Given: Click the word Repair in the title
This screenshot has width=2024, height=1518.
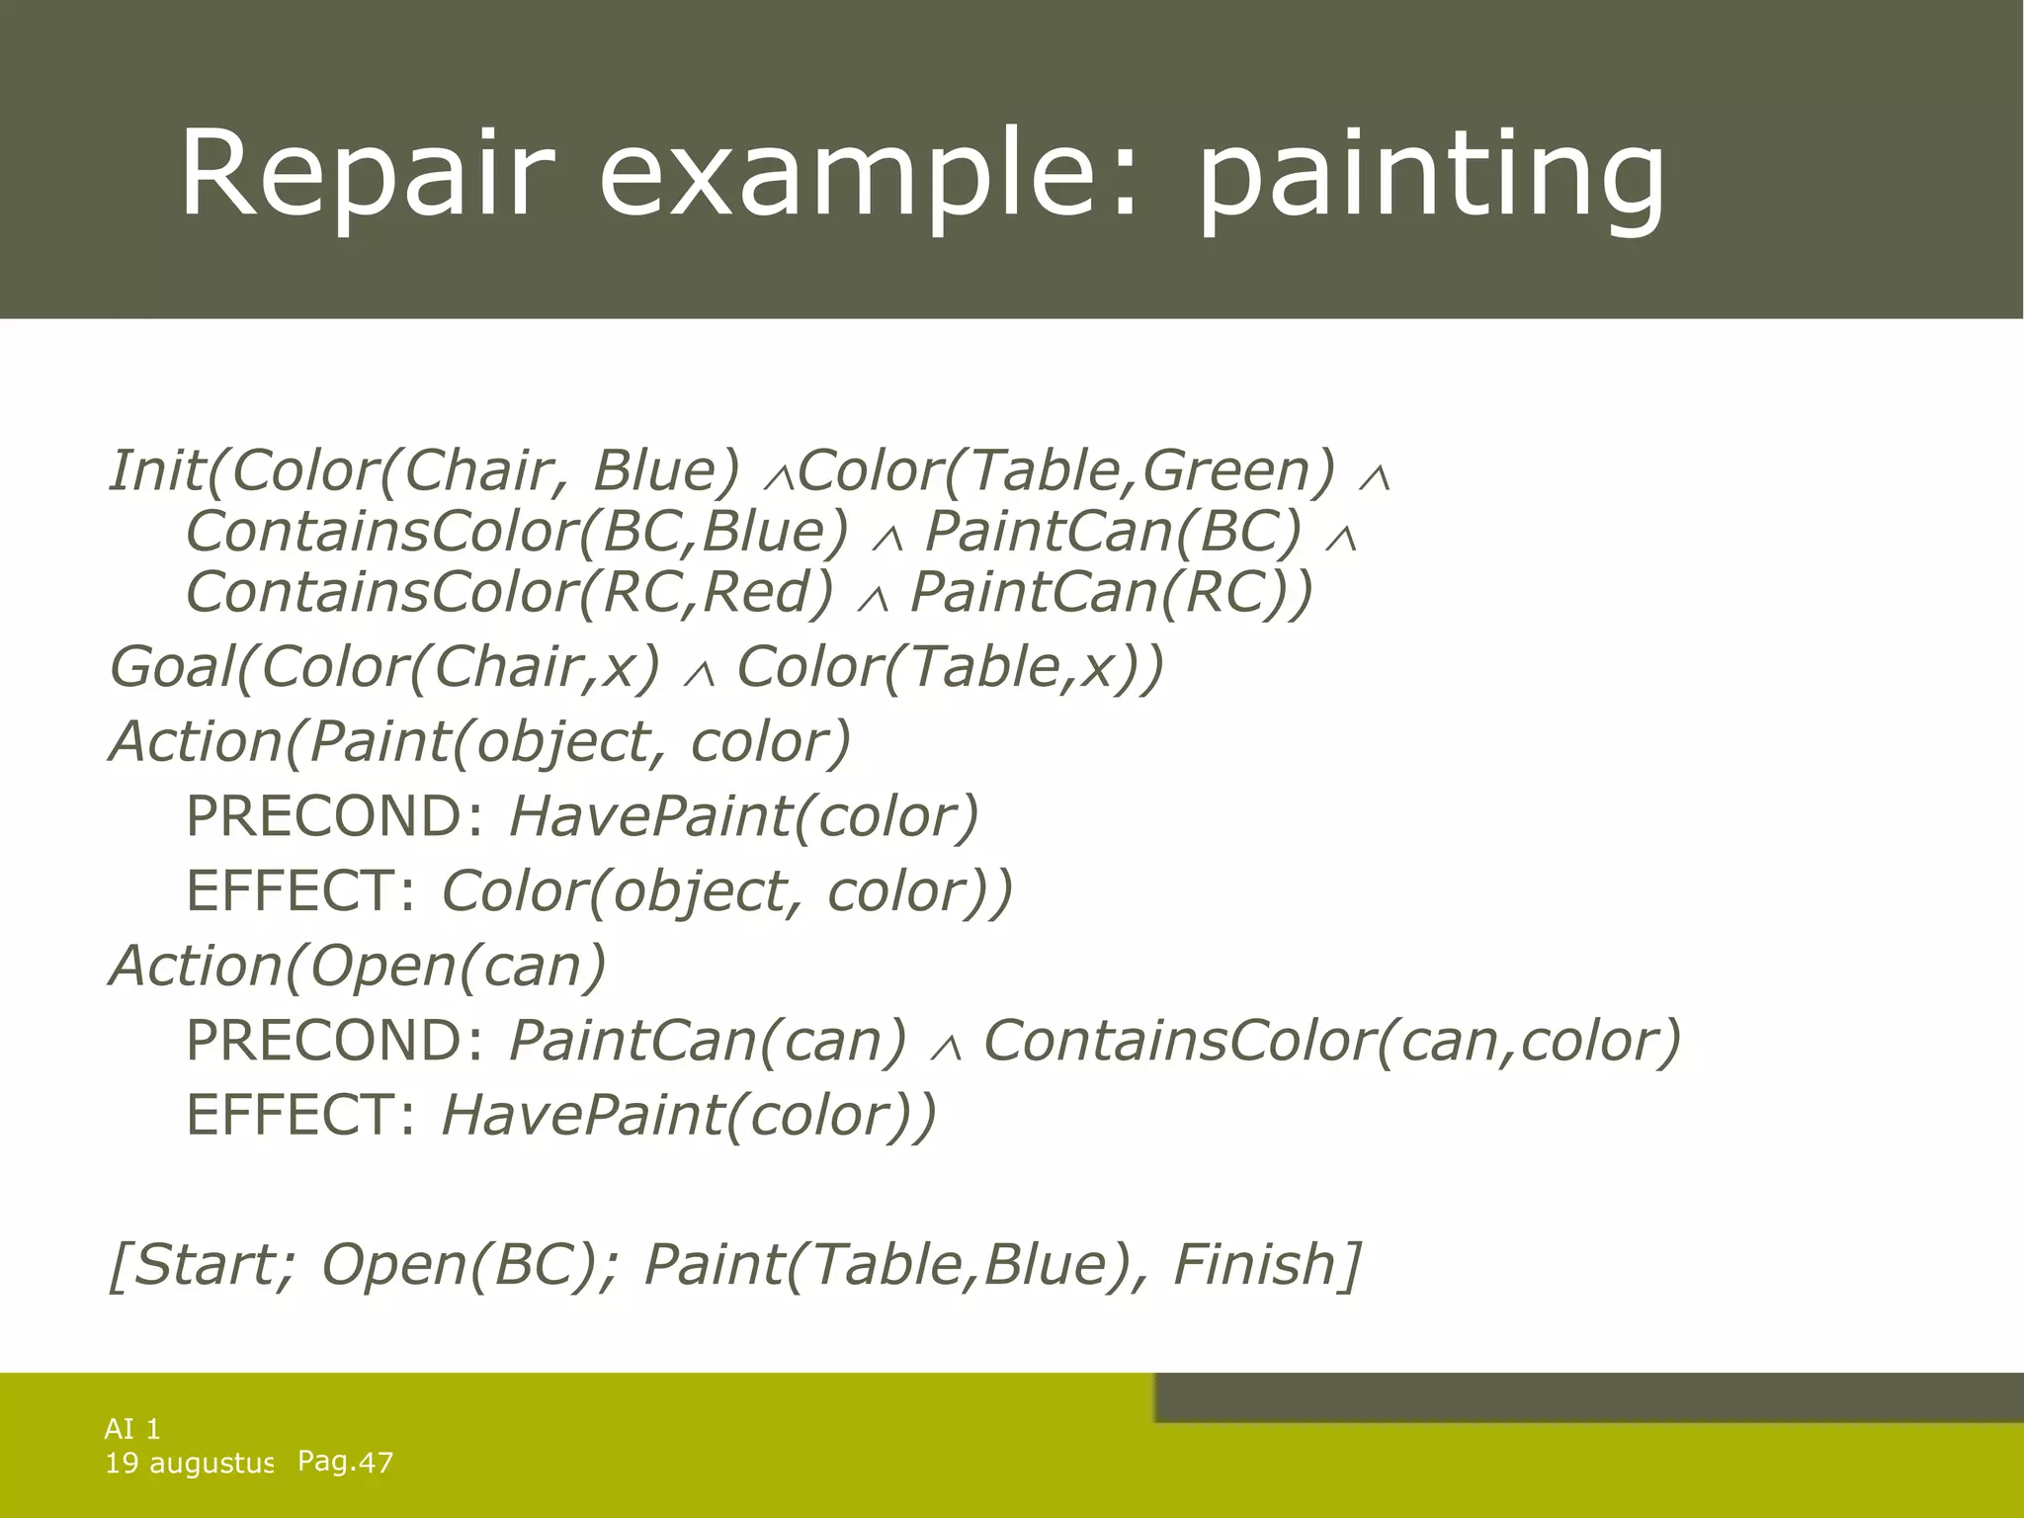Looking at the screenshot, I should tap(361, 173).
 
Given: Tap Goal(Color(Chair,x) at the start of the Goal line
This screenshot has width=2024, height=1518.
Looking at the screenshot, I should tap(384, 667).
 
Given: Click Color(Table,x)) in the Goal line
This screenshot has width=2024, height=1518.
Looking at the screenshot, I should tap(950, 667).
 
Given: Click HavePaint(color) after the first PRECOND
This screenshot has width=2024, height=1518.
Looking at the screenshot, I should tap(743, 817).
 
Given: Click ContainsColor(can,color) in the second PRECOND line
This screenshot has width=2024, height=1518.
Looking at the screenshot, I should tap(1332, 1041).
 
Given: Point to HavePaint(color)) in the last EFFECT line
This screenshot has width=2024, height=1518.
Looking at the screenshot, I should tap(688, 1116).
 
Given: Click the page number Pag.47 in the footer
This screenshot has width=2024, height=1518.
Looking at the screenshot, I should tap(345, 1462).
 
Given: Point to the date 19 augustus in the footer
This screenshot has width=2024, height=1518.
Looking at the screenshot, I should tap(188, 1463).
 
